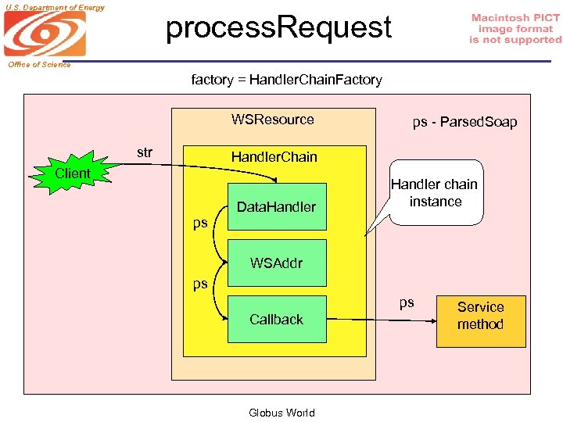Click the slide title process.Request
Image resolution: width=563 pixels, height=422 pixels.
278,28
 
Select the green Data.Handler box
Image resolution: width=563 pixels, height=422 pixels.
276,207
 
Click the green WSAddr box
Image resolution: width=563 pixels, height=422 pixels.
276,263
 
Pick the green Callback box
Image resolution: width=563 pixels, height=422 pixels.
276,319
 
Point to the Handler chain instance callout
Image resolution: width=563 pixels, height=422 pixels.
436,193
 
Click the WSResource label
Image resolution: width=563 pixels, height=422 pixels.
272,120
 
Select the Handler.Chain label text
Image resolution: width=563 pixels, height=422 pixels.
274,157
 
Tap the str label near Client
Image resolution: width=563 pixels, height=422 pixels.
145,152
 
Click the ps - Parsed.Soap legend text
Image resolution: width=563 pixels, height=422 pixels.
464,122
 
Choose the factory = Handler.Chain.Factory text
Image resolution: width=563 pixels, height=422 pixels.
286,80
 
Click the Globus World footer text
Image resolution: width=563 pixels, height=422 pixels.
281,413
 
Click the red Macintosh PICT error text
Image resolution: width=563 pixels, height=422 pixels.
515,29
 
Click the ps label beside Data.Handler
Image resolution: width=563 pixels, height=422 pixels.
200,224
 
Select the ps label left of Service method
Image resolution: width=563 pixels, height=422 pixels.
407,303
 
